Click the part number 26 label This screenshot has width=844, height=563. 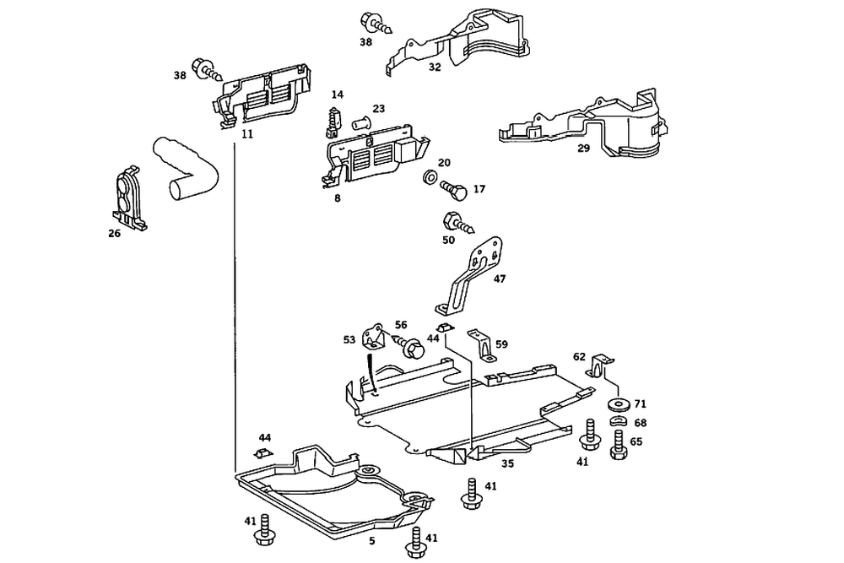click(x=114, y=234)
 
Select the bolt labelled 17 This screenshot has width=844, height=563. click(x=454, y=190)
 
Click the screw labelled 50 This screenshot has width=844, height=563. click(x=457, y=224)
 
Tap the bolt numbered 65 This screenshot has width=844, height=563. click(x=619, y=444)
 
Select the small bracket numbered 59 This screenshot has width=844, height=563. click(x=481, y=345)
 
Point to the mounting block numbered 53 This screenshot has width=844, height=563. click(x=375, y=337)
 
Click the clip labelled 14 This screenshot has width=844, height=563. click(x=333, y=122)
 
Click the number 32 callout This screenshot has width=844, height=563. click(x=435, y=68)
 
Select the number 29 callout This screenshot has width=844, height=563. click(x=583, y=148)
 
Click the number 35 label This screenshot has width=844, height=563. click(x=507, y=463)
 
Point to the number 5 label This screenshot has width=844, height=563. click(x=372, y=541)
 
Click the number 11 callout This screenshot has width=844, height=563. click(x=247, y=134)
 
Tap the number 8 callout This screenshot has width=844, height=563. click(x=337, y=198)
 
